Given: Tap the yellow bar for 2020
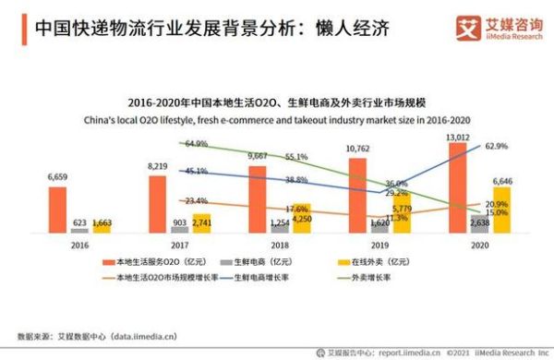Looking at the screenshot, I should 501,210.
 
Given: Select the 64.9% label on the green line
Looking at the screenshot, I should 195,144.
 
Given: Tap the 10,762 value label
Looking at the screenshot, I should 357,148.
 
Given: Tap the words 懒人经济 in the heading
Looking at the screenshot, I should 350,29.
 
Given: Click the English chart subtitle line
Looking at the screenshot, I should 278,120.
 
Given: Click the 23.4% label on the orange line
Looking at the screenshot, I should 195,200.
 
